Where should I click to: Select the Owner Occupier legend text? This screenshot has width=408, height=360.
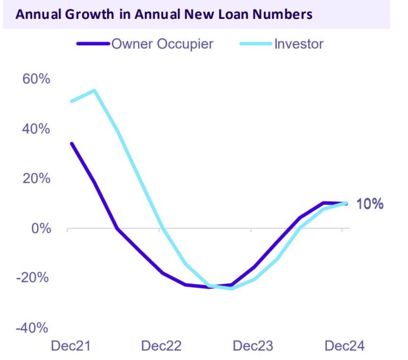[162, 43]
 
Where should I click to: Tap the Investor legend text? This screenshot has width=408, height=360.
[298, 43]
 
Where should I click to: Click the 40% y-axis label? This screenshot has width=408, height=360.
[35, 129]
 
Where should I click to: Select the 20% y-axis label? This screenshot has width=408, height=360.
[35, 179]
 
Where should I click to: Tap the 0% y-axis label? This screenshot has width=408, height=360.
[39, 228]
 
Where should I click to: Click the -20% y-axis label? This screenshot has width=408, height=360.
[33, 278]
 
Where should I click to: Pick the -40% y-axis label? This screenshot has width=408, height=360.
[33, 328]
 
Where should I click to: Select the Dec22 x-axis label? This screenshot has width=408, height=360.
[161, 346]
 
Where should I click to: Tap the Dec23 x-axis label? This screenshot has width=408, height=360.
[252, 346]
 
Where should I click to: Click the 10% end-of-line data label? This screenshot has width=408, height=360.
[369, 204]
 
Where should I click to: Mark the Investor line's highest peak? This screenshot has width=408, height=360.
[94, 91]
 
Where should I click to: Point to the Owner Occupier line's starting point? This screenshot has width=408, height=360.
[71, 143]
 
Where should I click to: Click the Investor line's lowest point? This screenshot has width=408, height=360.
[232, 289]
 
